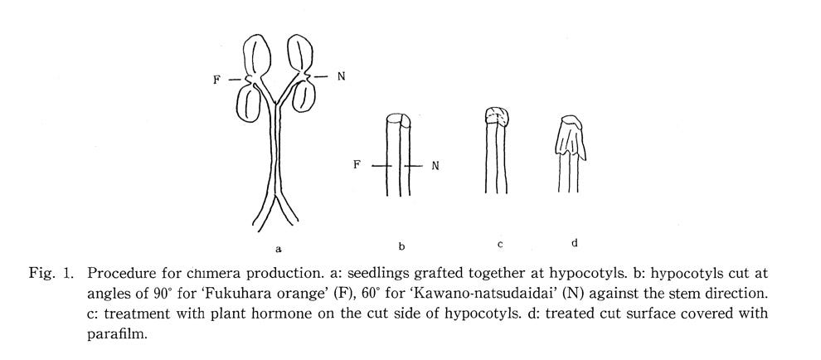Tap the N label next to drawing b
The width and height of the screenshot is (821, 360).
pos(435,166)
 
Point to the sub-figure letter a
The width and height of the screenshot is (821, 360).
pos(279,248)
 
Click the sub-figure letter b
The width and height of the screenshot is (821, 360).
pos(401,246)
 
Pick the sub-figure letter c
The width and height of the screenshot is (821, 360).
pos(500,243)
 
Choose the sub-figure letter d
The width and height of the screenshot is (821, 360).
pos(575,242)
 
